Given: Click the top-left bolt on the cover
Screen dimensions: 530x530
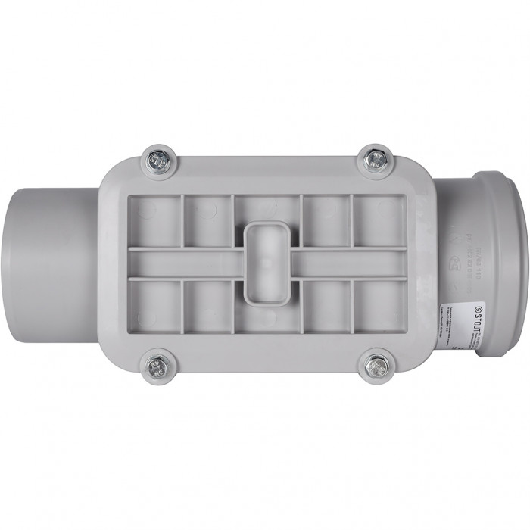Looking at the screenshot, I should (159, 161).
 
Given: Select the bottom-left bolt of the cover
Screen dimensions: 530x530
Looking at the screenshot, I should (158, 366).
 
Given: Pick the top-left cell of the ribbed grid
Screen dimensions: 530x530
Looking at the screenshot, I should (154, 220).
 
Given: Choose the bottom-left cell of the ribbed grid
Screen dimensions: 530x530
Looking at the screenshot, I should (154, 306).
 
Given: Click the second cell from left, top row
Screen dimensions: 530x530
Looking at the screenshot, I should (207, 220).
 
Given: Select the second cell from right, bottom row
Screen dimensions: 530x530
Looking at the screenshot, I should (327, 306).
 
